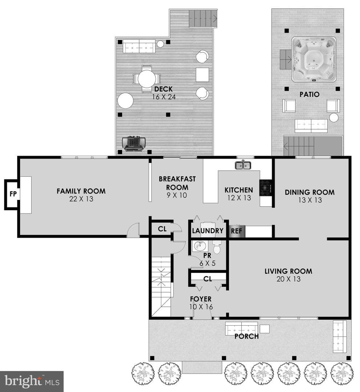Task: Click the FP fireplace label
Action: [x=13, y=194]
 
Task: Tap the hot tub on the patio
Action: [x=314, y=60]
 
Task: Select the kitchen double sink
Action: [x=243, y=165]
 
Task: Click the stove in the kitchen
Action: [x=265, y=187]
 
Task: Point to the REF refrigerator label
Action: [x=236, y=231]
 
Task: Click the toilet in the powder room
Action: [x=217, y=247]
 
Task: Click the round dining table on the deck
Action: [x=147, y=79]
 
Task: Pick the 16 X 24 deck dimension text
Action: [x=164, y=97]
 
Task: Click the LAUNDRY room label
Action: [x=208, y=231]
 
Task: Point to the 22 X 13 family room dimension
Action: [x=81, y=199]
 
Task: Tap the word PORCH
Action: [x=246, y=336]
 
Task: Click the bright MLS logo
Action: [x=32, y=381]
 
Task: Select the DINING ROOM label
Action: [x=310, y=192]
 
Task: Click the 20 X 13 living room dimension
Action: [x=288, y=279]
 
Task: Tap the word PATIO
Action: [x=310, y=94]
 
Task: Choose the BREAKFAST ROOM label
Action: [x=177, y=183]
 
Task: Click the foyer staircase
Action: [x=161, y=286]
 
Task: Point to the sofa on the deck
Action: [x=139, y=46]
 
